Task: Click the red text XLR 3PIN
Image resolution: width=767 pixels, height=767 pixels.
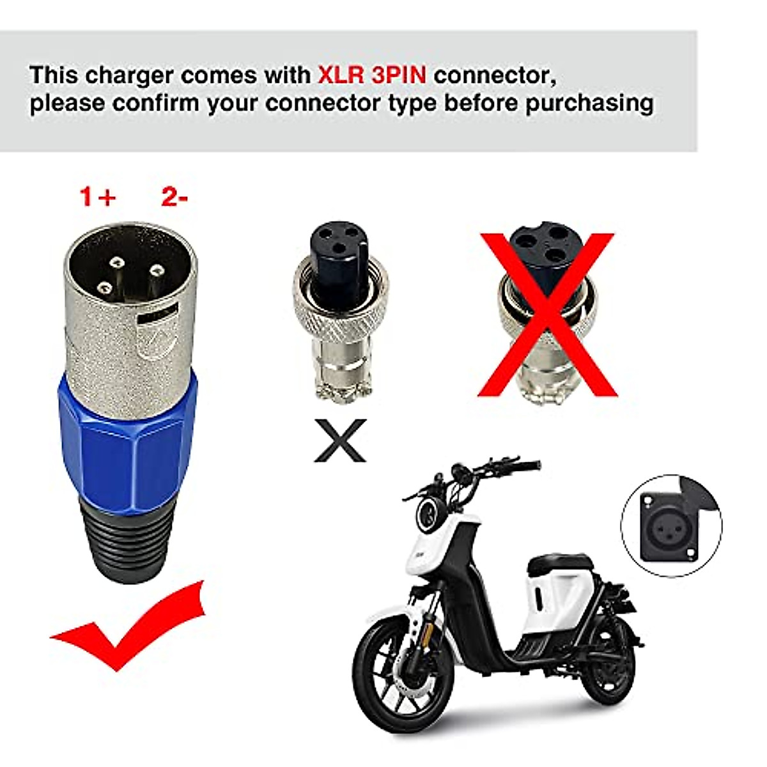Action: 371,75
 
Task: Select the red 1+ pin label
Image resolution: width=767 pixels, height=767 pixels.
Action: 97,197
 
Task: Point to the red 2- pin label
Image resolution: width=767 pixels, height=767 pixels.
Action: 174,197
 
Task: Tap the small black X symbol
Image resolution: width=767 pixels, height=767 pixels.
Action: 340,440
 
